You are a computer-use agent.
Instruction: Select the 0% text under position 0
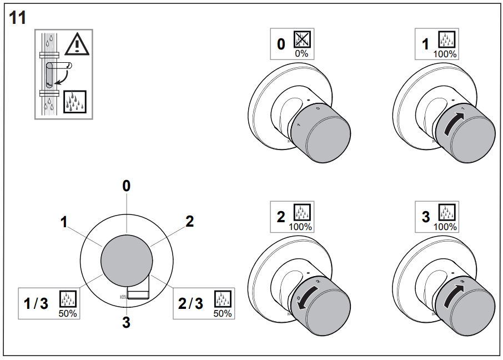(x=301, y=54)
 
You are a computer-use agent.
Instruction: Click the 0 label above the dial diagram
(x=127, y=186)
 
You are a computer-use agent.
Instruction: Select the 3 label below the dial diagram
(x=126, y=322)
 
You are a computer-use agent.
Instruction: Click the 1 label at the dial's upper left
(x=64, y=222)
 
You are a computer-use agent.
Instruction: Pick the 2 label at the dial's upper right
(x=189, y=221)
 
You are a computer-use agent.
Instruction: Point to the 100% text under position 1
(x=446, y=54)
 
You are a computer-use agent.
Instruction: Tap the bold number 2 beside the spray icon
(x=282, y=217)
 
